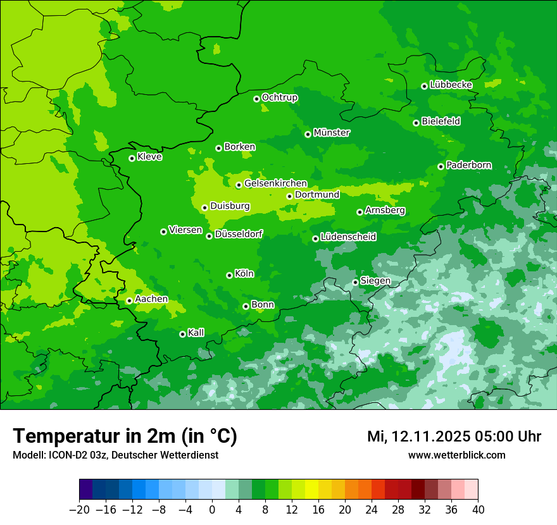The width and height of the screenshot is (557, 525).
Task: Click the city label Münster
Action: [x=332, y=133]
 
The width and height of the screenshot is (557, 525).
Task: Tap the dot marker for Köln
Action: [x=229, y=275]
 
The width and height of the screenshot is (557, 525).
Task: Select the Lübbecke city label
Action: [x=451, y=85]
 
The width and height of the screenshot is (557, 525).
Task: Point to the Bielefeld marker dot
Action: [x=416, y=123]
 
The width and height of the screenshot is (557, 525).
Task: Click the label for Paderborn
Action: [x=468, y=165]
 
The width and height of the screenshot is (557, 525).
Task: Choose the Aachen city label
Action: [x=151, y=299]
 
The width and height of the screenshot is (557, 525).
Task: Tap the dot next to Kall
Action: [x=182, y=334]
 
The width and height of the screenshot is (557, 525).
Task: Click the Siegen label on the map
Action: [x=375, y=280]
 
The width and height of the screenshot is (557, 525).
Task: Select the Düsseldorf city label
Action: [x=239, y=234]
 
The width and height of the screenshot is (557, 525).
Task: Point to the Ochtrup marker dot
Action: [x=256, y=99]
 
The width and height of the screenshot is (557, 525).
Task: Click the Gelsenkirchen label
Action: [x=275, y=183]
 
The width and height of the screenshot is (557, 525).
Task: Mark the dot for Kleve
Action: [x=132, y=158]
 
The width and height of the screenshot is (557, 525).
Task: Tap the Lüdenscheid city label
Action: [x=348, y=237]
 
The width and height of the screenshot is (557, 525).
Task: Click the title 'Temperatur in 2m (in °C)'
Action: [x=125, y=436]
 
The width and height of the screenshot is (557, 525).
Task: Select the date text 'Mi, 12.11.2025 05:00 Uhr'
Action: [x=454, y=436]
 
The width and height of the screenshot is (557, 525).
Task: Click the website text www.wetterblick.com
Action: [x=456, y=455]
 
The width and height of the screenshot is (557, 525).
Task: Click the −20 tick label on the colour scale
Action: [x=79, y=509]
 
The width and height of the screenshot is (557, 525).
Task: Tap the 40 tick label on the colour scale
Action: [x=478, y=509]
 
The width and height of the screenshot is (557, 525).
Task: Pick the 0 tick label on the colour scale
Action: [x=212, y=509]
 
